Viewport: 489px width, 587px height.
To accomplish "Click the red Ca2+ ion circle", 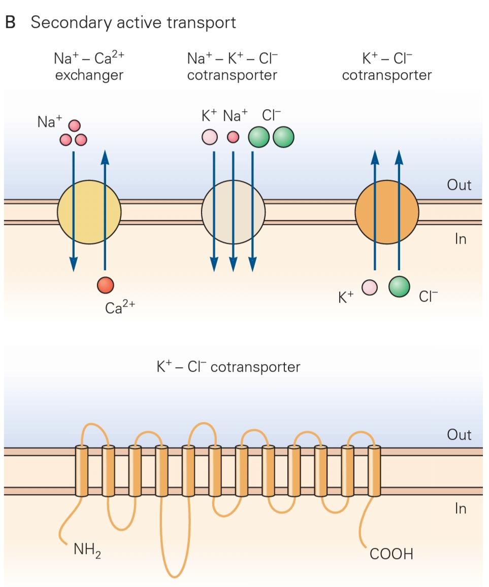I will pos(106,285).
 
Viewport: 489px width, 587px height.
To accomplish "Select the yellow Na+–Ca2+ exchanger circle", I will pos(89,212).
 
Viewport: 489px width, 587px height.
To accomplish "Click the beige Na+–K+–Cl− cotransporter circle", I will pos(233,212).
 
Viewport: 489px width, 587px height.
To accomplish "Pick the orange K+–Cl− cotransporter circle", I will pos(387,212).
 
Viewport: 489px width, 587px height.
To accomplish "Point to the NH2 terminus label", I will pos(87,550).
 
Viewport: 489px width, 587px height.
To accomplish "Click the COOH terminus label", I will pos(391,553).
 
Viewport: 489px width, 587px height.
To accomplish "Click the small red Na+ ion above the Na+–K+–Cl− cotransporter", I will pos(233,137).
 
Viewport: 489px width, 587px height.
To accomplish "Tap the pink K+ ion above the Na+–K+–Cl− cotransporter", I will pos(210,137).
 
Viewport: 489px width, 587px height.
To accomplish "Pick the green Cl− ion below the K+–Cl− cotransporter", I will pos(399,286).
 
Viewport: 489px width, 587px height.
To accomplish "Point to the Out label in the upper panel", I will pos(459,185).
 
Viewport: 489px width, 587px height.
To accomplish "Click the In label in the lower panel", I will pos(460,509).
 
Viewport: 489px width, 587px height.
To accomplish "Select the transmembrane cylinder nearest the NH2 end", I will pos(81,471).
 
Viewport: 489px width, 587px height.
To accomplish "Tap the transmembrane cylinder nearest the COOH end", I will pos(374,471).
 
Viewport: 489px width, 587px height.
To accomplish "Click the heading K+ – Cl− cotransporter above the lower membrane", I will pos(229,367).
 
